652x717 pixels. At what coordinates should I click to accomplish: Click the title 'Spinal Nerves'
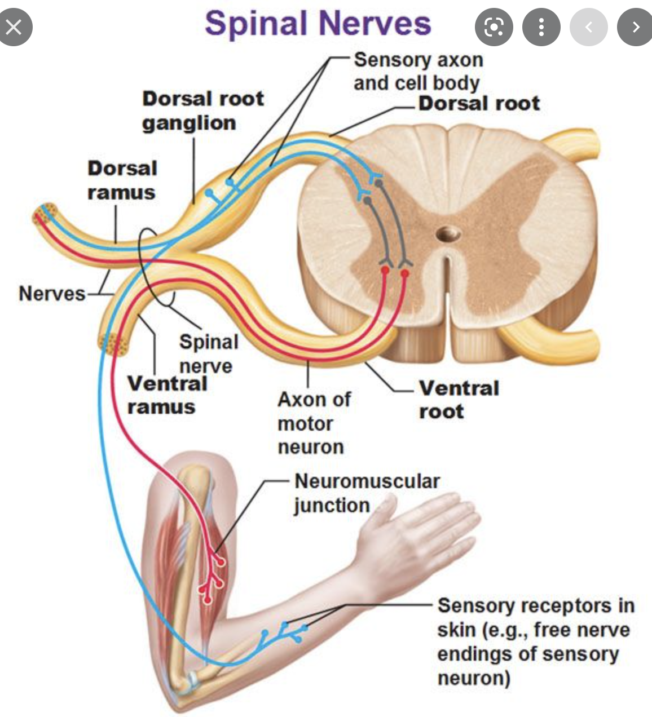click(x=318, y=24)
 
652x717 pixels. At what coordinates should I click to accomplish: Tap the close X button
click(x=15, y=26)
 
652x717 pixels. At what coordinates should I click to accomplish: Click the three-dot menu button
click(x=541, y=26)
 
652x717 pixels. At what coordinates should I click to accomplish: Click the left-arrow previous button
click(x=588, y=26)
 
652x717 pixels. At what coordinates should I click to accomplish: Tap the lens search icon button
click(x=494, y=26)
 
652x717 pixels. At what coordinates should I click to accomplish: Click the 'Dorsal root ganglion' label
click(x=202, y=110)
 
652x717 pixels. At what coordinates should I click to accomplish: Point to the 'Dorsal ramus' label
click(x=122, y=180)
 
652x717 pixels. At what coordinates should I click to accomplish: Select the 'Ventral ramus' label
click(x=167, y=395)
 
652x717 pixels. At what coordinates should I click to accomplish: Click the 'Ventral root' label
click(x=459, y=399)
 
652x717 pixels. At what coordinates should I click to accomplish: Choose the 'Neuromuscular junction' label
click(x=367, y=493)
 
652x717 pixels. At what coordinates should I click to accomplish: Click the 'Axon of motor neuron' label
click(x=314, y=423)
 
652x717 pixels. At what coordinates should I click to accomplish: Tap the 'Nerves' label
click(x=51, y=293)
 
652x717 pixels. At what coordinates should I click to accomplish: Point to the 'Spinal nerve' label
click(x=208, y=353)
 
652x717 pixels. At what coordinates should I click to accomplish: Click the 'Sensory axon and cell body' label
click(x=418, y=71)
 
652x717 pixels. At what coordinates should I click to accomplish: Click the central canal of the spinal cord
click(x=448, y=233)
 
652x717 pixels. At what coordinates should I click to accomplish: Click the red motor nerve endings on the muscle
click(x=211, y=575)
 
